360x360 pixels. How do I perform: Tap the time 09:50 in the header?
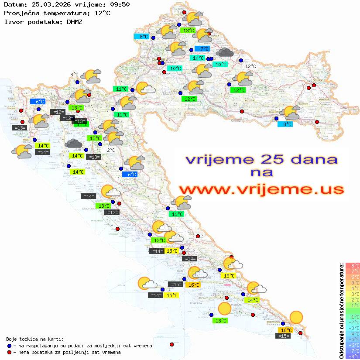coord(120,5)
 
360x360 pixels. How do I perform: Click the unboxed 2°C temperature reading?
coord(111,150)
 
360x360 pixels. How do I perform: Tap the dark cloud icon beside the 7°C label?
coord(224,53)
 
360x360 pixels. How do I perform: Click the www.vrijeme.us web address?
coord(261,189)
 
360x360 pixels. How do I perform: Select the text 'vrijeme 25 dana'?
coord(261,159)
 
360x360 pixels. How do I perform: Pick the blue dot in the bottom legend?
coord(9,346)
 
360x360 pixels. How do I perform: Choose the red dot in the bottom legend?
coord(9,352)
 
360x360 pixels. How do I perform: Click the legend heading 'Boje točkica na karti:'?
coord(35,339)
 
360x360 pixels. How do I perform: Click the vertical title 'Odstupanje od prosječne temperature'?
coord(342,311)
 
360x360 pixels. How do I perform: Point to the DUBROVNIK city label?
coord(273,322)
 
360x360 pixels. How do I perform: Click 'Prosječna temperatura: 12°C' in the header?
coord(57,13)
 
